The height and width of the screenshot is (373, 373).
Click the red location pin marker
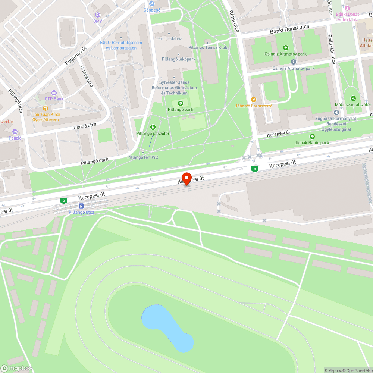pyautogui.click(x=186, y=178)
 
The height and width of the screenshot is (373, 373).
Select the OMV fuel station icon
pyautogui.click(x=98, y=15)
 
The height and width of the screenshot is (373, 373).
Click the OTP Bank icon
pyautogui.click(x=54, y=93)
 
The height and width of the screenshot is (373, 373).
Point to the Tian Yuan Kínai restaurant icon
pyautogui.click(x=46, y=108)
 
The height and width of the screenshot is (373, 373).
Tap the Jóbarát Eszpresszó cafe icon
pyautogui.click(x=254, y=99)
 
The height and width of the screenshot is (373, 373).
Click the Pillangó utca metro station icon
pyautogui.click(x=81, y=206)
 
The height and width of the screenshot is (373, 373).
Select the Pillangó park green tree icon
pyautogui.click(x=181, y=103)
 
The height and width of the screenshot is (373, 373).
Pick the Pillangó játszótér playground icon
pyautogui.click(x=153, y=128)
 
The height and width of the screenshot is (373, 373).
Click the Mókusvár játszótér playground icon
pyautogui.click(x=353, y=98)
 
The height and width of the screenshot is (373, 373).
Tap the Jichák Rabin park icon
pyautogui.click(x=312, y=137)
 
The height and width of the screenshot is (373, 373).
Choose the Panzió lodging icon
pyautogui.click(x=15, y=132)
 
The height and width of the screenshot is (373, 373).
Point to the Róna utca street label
pyautogui.click(x=234, y=21)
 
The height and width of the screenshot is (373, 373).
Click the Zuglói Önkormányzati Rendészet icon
pyautogui.click(x=336, y=112)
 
